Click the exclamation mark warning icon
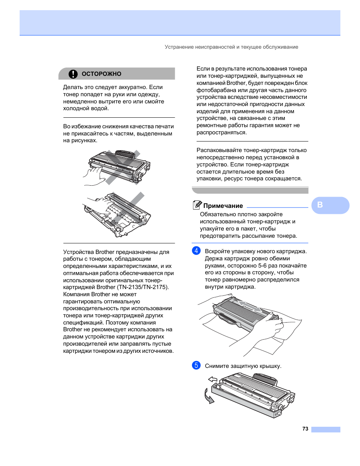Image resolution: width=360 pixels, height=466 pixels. click(73, 74)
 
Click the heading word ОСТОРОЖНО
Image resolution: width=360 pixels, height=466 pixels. click(102, 74)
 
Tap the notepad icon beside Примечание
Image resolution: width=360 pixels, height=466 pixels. click(197, 205)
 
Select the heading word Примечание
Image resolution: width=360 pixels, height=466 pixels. click(223, 206)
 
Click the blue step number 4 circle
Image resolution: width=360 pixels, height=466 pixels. click(196, 251)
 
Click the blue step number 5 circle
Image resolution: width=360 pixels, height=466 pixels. click(196, 365)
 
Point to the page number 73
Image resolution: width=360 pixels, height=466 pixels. click(305, 429)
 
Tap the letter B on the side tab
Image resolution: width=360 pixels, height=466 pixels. click(320, 205)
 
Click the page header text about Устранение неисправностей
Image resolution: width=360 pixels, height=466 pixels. click(231, 47)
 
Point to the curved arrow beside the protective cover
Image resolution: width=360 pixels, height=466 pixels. click(208, 396)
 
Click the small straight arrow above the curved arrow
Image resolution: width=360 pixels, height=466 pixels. click(213, 379)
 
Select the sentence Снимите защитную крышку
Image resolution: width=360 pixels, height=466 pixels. click(243, 366)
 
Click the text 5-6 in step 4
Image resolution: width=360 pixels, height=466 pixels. click(262, 266)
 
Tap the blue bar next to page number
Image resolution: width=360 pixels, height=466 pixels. click(326, 429)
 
